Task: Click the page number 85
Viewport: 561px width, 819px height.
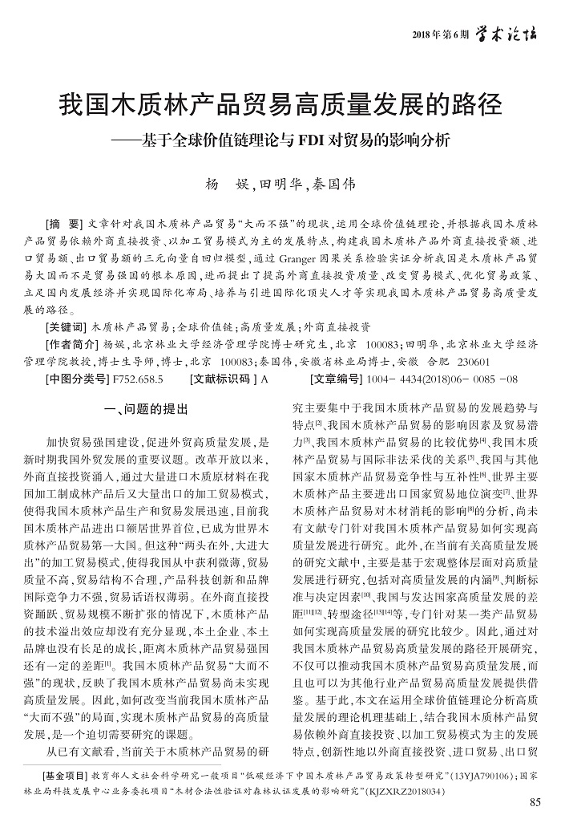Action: [536, 803]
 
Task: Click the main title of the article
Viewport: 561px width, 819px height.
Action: [280, 104]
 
